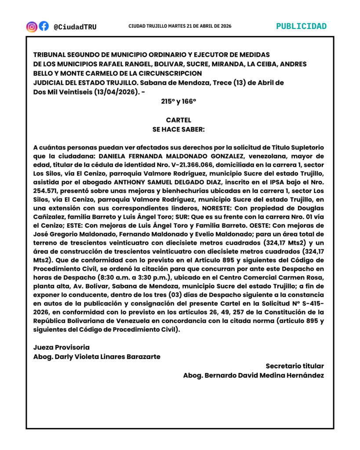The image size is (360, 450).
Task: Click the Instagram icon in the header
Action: [32, 26]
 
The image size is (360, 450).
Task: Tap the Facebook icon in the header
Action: [44, 26]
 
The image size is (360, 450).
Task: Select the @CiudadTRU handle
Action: [75, 27]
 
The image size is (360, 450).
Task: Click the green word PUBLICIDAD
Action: [301, 26]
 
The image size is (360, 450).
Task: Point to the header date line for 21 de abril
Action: [180, 26]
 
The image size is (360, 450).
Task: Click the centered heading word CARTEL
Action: [178, 120]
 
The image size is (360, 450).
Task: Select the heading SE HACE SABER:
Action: [178, 129]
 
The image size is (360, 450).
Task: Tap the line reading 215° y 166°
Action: [178, 101]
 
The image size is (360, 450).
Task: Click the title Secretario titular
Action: [295, 366]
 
